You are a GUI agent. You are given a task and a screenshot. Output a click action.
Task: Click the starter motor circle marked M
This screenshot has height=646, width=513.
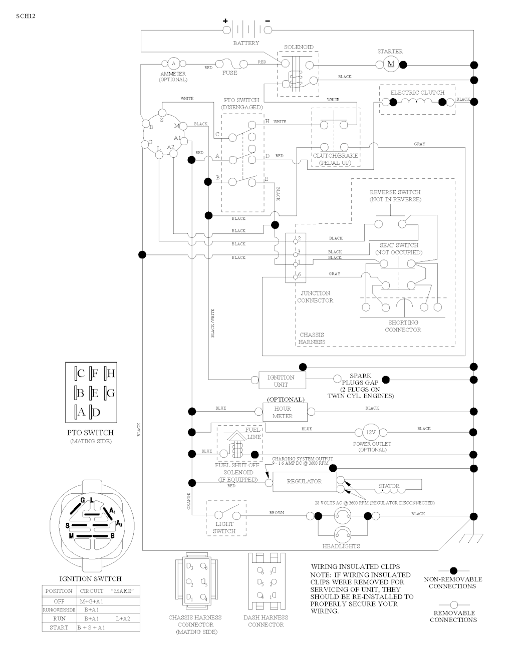(x=391, y=64)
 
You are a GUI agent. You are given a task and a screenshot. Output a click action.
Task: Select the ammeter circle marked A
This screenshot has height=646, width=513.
(x=173, y=64)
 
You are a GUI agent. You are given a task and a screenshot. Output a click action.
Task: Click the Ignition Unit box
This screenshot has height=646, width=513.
(x=282, y=381)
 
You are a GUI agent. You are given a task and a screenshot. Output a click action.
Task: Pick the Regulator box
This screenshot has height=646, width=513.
(x=304, y=481)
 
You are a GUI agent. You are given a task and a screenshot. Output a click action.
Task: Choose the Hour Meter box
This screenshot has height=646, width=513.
(x=284, y=412)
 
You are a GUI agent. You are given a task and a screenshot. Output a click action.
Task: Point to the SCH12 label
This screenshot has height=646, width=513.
(x=26, y=16)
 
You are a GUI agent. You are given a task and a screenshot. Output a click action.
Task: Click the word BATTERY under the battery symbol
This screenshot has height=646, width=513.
(x=246, y=43)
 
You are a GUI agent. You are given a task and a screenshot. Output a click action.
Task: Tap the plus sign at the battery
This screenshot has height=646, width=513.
(x=225, y=21)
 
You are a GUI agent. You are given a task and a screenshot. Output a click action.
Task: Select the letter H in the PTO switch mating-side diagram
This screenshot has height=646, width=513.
(x=111, y=373)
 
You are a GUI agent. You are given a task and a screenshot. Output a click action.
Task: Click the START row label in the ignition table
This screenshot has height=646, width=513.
(x=59, y=627)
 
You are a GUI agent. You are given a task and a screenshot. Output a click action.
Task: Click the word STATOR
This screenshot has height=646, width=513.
(x=389, y=486)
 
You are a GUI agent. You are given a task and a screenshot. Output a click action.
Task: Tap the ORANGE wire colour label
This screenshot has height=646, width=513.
(x=189, y=501)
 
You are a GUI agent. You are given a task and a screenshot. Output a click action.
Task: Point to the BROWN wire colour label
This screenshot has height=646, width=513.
(x=277, y=513)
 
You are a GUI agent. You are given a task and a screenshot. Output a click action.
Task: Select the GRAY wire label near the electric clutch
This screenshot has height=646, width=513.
(x=419, y=144)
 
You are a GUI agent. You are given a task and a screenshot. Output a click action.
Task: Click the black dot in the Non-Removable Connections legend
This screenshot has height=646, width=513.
(x=453, y=570)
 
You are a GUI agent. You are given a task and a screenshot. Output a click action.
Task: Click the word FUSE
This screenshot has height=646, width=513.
(x=230, y=73)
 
